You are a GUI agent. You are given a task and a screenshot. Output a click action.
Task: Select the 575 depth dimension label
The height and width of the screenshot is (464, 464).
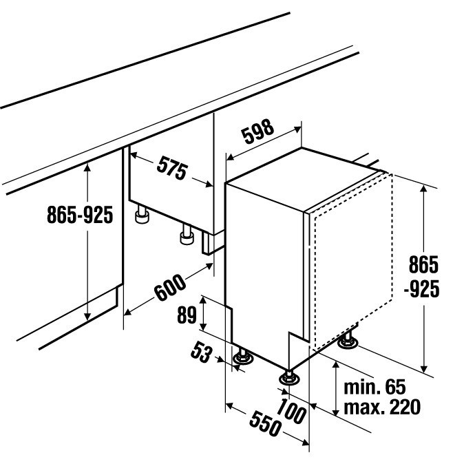point(172,168)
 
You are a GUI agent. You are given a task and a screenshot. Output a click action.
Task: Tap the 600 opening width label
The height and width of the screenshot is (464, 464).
point(170,288)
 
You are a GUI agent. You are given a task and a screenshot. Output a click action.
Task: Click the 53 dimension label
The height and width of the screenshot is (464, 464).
point(202,352)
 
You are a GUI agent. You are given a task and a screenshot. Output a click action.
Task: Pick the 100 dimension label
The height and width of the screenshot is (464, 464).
point(291,412)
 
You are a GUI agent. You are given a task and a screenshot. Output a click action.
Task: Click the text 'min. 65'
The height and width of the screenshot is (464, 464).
point(375,387)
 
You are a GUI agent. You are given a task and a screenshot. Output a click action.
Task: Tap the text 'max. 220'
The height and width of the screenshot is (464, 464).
point(382,407)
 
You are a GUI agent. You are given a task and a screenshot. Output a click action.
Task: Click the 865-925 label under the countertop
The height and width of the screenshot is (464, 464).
point(80,215)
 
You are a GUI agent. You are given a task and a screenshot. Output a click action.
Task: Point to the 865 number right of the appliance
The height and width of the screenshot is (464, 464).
point(423,264)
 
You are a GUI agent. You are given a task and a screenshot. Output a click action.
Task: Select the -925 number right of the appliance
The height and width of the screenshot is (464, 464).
point(421,289)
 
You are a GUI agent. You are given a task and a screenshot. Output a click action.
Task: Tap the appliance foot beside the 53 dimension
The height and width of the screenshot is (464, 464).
point(243,357)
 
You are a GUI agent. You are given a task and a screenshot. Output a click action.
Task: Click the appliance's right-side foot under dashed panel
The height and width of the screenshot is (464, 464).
point(348,341)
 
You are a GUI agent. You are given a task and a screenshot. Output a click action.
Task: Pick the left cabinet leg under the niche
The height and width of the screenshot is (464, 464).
point(142,215)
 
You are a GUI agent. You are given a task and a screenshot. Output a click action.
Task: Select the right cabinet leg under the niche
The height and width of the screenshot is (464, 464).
point(187,235)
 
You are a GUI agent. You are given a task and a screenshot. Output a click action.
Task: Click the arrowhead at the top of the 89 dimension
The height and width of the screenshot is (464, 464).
point(203,301)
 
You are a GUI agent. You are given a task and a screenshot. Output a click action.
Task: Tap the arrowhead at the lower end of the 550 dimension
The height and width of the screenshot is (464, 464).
point(305,443)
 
